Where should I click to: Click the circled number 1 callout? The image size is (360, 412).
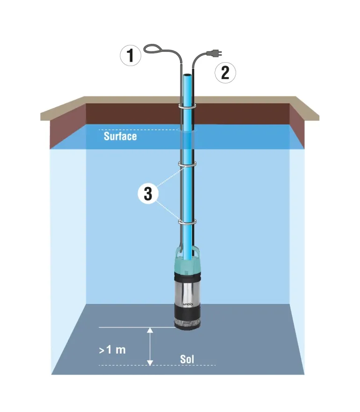pyautogui.click(x=130, y=56)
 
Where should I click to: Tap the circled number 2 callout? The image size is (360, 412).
pyautogui.click(x=225, y=73)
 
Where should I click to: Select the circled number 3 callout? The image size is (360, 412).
pyautogui.click(x=148, y=194)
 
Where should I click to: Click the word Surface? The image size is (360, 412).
pyautogui.click(x=120, y=137)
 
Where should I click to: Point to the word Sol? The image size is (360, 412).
pyautogui.click(x=187, y=359)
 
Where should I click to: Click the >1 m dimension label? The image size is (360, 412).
pyautogui.click(x=112, y=350)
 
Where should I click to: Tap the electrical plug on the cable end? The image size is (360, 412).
pyautogui.click(x=215, y=54)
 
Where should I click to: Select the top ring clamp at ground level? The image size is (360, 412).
pyautogui.click(x=187, y=107)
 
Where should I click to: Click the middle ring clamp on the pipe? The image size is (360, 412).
pyautogui.click(x=187, y=164)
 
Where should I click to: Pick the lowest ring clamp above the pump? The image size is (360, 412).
pyautogui.click(x=187, y=222)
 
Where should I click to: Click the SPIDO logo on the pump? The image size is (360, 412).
pyautogui.click(x=187, y=304)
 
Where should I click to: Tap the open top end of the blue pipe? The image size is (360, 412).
pyautogui.click(x=187, y=75)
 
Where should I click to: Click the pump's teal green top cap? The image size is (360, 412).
pyautogui.click(x=187, y=264)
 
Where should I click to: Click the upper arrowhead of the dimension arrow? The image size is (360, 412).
pyautogui.click(x=150, y=330)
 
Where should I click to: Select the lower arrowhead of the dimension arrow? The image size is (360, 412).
pyautogui.click(x=150, y=362)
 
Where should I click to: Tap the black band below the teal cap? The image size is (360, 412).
pyautogui.click(x=187, y=277)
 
